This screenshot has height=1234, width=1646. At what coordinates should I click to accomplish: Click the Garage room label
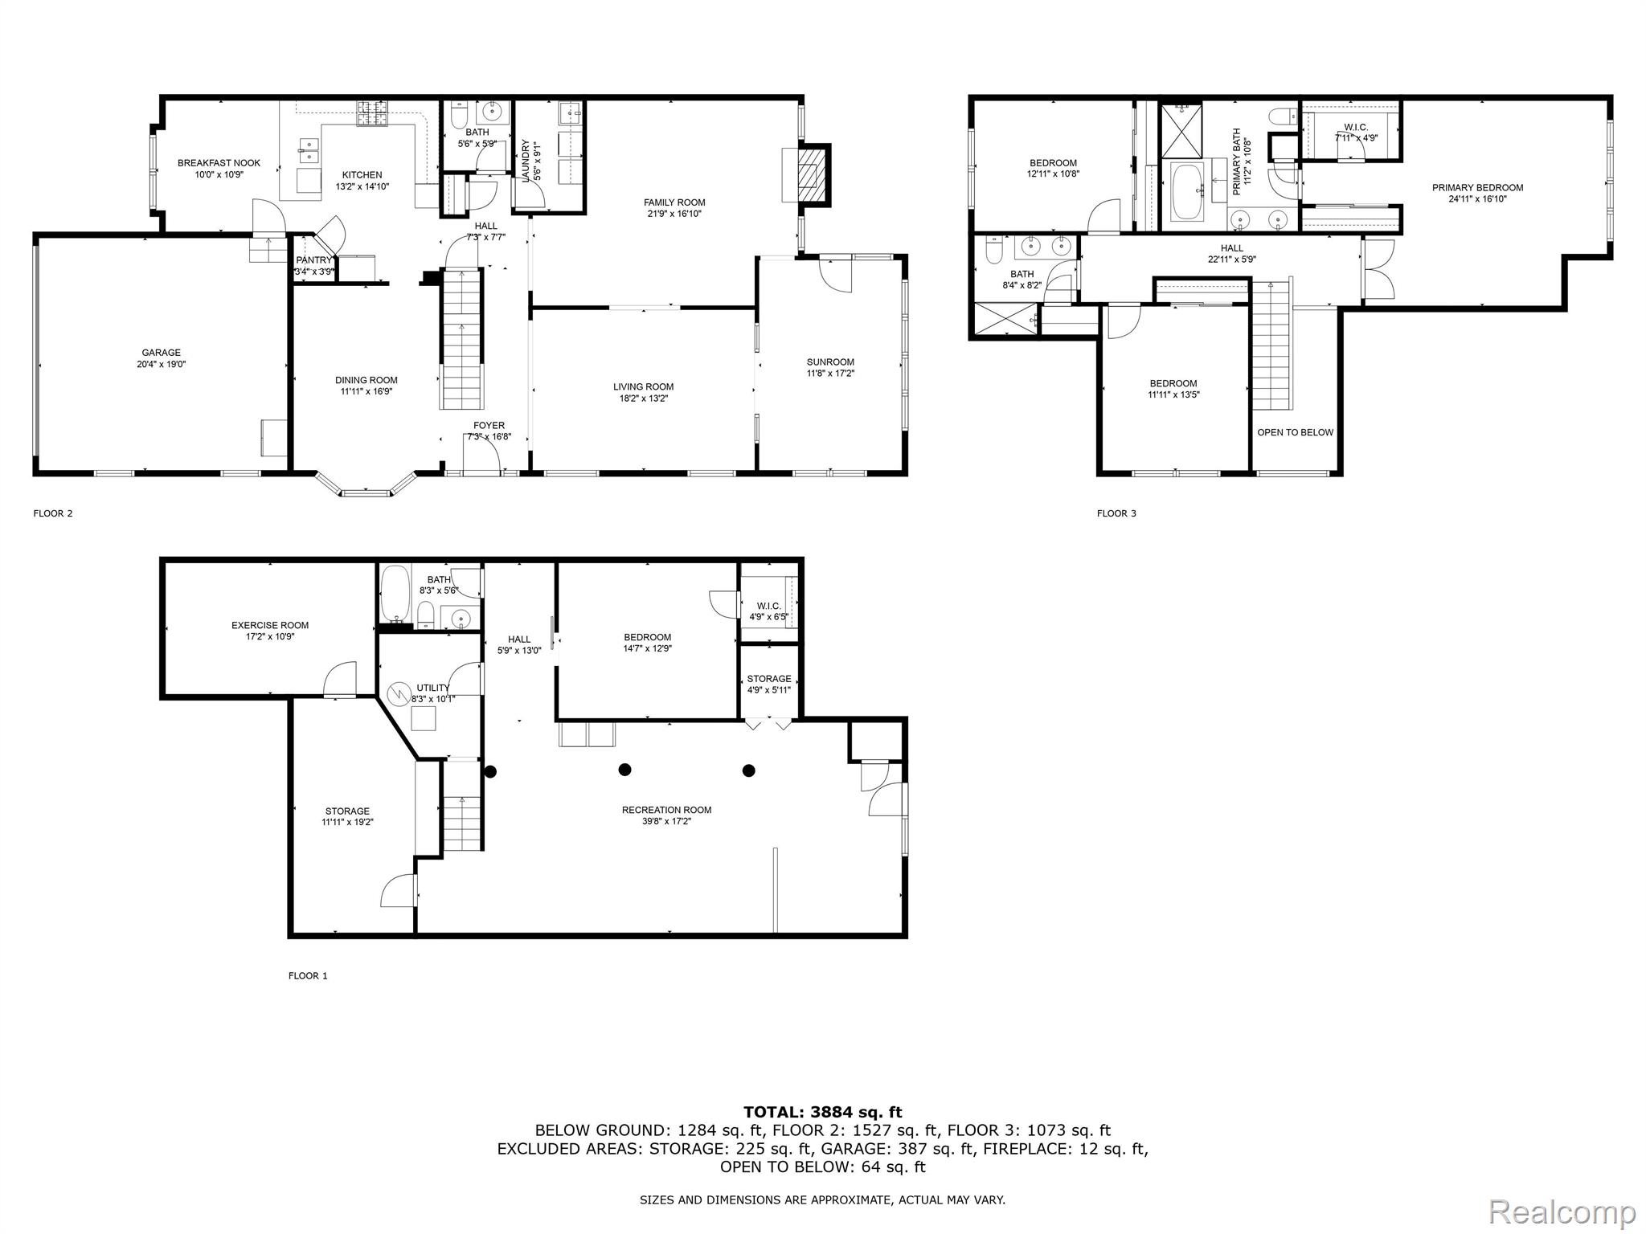(161, 353)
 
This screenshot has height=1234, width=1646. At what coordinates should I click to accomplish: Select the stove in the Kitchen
(373, 113)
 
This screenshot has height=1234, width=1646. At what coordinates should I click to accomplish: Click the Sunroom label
(830, 362)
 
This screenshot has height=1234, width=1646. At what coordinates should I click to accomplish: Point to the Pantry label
(313, 260)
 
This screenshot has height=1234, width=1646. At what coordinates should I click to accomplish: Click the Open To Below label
(1294, 432)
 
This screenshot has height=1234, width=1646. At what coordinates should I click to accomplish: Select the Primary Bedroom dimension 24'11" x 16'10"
(1477, 199)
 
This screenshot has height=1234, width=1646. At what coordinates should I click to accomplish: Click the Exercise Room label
(270, 625)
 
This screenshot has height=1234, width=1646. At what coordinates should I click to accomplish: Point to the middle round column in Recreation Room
(624, 770)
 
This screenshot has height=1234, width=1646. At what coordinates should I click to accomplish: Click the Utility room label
(433, 688)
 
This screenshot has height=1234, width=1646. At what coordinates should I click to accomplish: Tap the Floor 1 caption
(308, 976)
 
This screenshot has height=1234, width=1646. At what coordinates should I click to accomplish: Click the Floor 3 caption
(1116, 513)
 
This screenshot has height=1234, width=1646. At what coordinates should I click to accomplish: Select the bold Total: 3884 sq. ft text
(822, 1112)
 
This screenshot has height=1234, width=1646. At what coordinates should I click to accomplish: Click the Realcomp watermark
(1562, 1212)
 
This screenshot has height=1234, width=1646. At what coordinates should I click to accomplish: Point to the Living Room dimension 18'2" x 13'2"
(643, 398)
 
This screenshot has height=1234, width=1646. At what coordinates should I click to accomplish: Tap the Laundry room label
(526, 161)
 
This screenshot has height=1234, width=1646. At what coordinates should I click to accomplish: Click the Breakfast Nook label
(219, 163)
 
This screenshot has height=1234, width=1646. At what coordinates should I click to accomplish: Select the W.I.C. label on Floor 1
(768, 607)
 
